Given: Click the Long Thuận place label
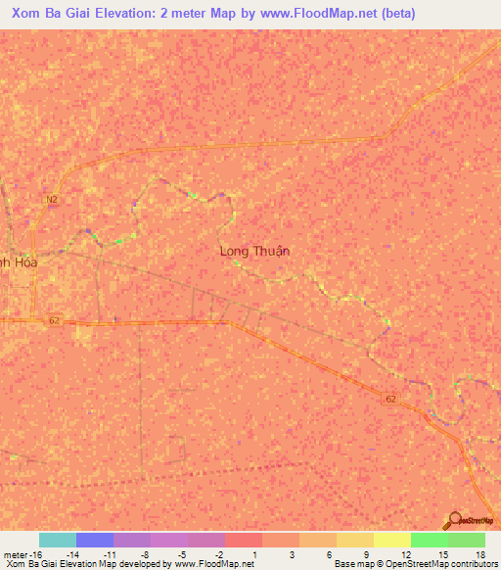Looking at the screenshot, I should (254, 251).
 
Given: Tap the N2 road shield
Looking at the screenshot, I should (51, 199).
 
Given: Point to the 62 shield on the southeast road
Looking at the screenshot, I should (391, 399).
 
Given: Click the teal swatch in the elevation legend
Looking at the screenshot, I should (57, 540).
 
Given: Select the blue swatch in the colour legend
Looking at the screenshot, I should (94, 540).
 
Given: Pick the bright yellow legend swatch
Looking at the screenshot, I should (391, 540).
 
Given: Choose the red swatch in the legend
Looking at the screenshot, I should (243, 540).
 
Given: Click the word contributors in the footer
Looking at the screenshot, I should (474, 564).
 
